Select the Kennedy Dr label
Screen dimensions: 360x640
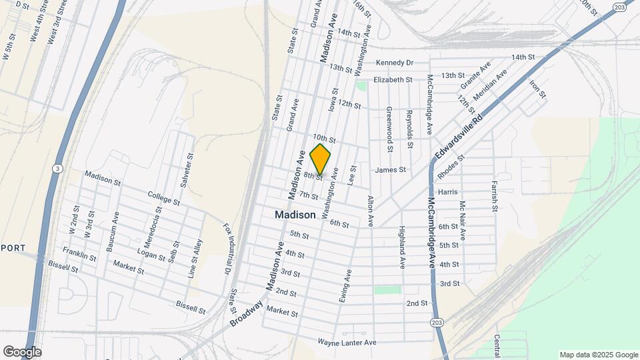pos(395,63)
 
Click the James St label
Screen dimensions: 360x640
pos(390,170)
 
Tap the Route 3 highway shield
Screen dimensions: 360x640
pos(58,169)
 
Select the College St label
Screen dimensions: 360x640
pos(164,198)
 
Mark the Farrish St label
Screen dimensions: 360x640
pos(495,195)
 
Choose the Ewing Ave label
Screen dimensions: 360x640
pos(345,286)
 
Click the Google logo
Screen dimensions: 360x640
pos(22,352)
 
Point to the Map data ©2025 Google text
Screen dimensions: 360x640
pos(598,355)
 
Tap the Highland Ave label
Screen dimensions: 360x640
pos(402,247)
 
